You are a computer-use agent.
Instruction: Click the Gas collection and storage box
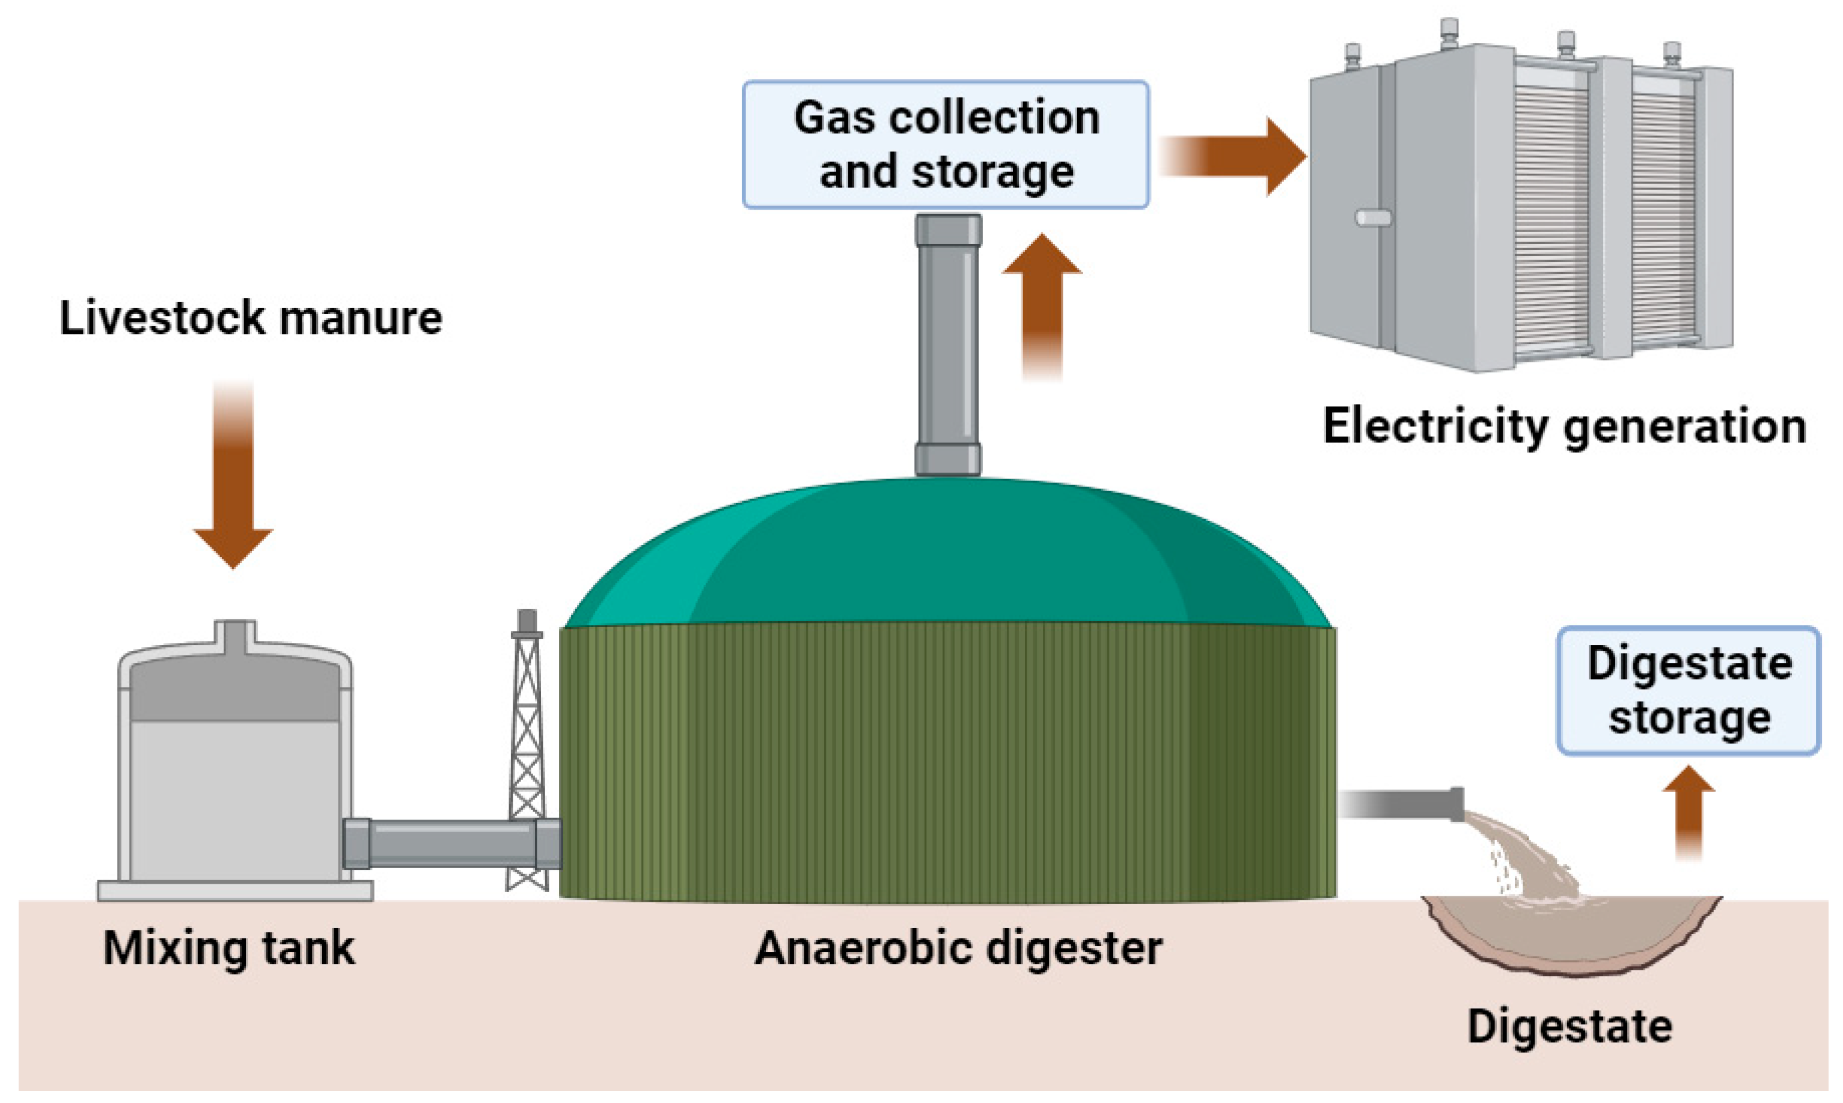point(945,144)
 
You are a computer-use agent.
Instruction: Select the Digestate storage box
point(1688,691)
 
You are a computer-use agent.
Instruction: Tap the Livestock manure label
point(251,318)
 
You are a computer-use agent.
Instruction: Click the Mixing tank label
point(229,949)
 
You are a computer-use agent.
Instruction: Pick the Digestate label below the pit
point(1569,1027)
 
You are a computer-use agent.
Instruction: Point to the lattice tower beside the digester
point(527,751)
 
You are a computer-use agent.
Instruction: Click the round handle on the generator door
point(1372,217)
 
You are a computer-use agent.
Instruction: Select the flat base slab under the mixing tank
point(235,890)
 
